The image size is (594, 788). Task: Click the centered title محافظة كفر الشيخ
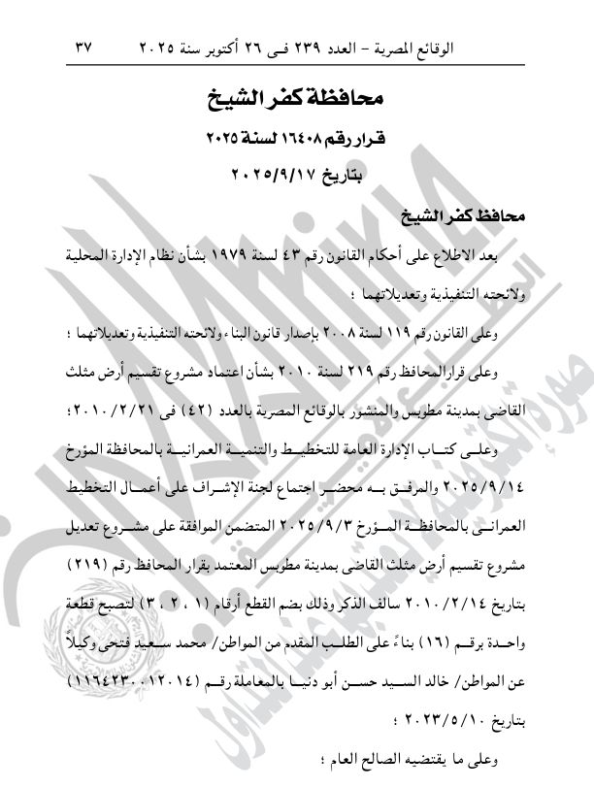(x=297, y=97)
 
